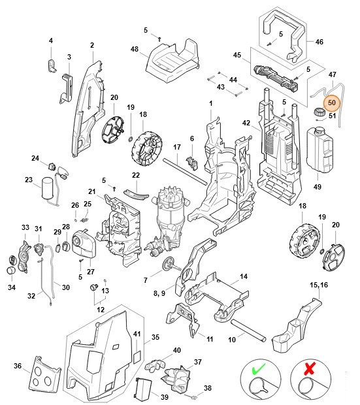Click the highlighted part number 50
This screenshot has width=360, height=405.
pyautogui.click(x=331, y=102)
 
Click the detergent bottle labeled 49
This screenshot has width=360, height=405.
pyautogui.click(x=320, y=150)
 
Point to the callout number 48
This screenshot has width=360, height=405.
pyautogui.click(x=135, y=50)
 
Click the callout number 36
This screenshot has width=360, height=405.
pyautogui.click(x=17, y=366)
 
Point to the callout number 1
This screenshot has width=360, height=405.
pyautogui.click(x=210, y=104)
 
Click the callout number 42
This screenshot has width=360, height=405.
pyautogui.click(x=246, y=123)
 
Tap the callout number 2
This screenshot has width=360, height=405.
pyautogui.click(x=92, y=45)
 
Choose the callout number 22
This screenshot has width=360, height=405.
pyautogui.click(x=136, y=175)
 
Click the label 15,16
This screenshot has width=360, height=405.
pyautogui.click(x=320, y=285)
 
